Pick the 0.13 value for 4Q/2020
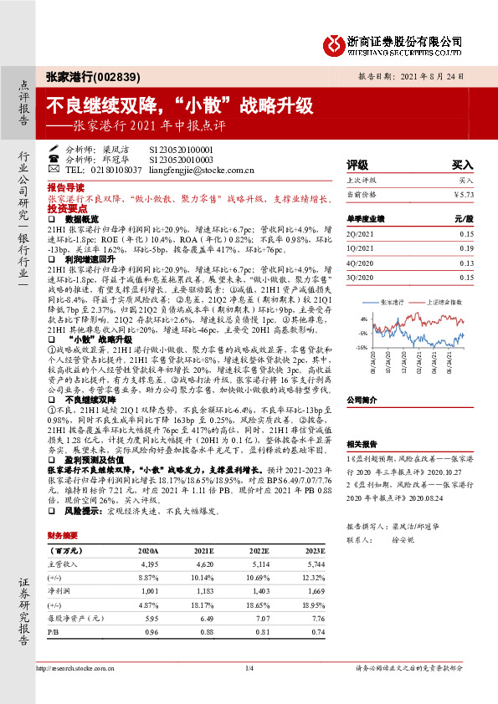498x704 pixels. pos(466,263)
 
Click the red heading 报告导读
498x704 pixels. pos(65,188)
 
